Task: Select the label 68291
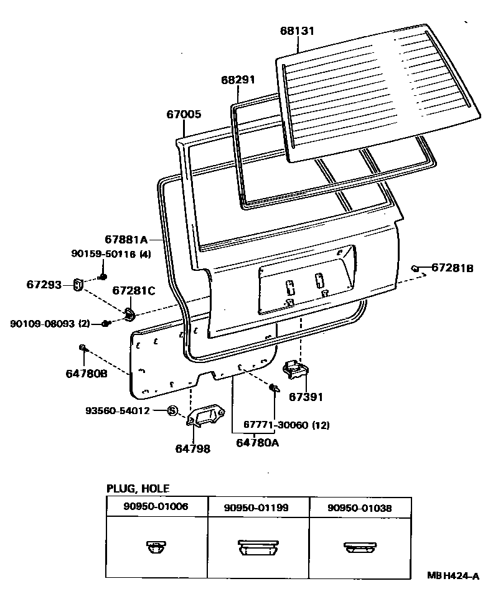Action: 238,80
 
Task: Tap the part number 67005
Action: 184,115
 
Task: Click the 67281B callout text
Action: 453,268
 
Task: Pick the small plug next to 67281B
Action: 415,268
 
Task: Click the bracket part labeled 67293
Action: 78,285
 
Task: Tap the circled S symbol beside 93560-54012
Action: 173,411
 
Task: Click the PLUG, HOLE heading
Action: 138,489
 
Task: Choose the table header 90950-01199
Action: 256,508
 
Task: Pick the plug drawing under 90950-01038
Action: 359,547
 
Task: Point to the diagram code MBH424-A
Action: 453,577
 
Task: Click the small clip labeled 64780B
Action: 82,347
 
